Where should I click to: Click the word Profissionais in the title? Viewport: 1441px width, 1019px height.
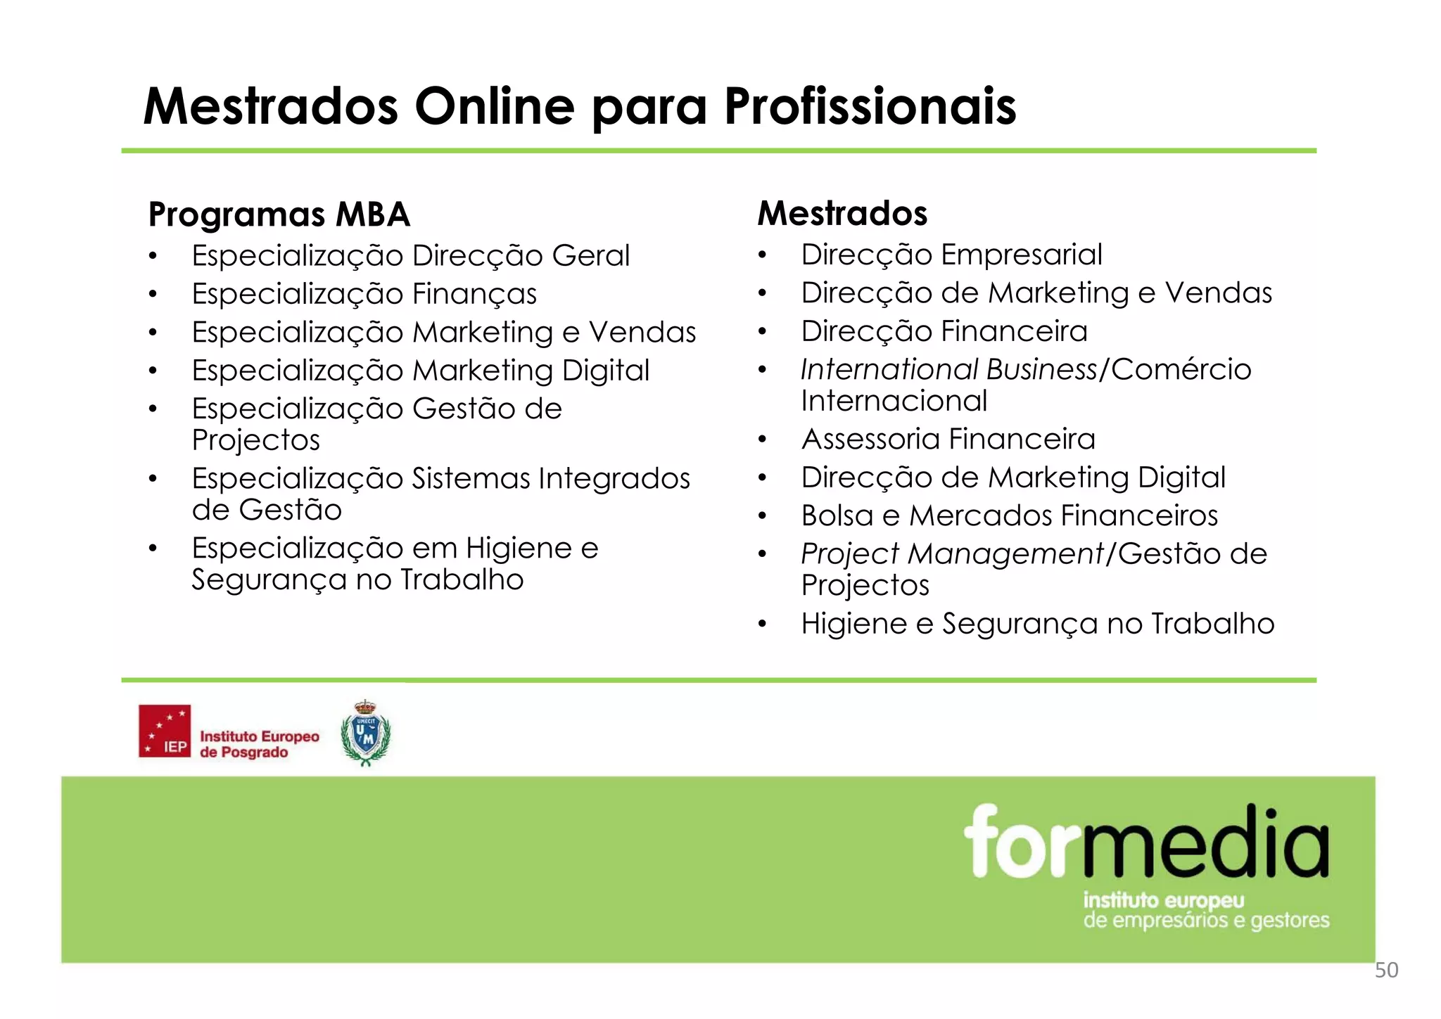[870, 107]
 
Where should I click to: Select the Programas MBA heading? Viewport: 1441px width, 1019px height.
[279, 214]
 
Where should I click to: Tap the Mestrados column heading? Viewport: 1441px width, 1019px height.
[842, 213]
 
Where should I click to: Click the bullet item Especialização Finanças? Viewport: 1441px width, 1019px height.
[364, 294]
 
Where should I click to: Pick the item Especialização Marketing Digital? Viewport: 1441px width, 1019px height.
[420, 371]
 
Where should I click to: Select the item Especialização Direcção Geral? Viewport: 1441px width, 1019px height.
[410, 256]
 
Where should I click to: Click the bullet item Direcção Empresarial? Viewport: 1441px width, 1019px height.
[951, 255]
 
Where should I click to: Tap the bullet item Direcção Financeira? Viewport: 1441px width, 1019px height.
[944, 331]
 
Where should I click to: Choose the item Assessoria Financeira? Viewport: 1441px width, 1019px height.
[948, 440]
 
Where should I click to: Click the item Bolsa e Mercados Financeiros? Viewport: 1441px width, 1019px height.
[1009, 516]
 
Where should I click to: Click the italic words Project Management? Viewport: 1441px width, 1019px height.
[953, 554]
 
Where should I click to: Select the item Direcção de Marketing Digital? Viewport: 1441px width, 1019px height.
[1012, 478]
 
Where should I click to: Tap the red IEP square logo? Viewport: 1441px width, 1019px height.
[165, 731]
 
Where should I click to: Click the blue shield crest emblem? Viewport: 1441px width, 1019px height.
[365, 733]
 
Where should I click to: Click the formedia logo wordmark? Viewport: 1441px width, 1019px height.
[1146, 842]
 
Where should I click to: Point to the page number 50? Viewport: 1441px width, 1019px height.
[1386, 970]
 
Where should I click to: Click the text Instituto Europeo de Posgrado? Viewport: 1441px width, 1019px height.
[259, 744]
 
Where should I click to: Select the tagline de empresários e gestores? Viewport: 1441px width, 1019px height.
[1206, 921]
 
